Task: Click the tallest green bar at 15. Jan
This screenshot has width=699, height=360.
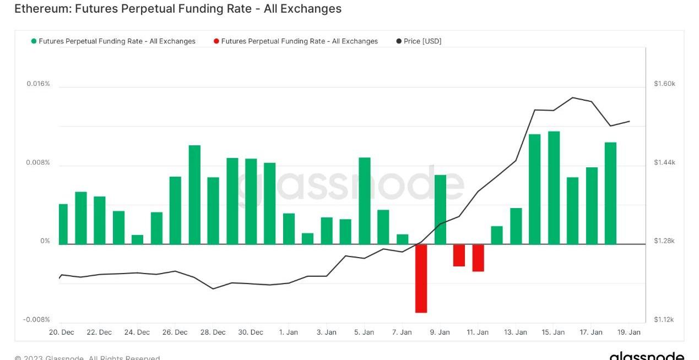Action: pos(554,188)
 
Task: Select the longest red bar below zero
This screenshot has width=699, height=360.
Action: pos(421,279)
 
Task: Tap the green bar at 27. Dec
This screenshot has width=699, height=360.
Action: pos(194,195)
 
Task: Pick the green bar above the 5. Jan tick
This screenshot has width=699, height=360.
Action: pos(365,201)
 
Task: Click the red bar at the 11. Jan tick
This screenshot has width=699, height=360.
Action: pos(478,258)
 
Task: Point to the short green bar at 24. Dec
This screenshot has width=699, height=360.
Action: pos(138,239)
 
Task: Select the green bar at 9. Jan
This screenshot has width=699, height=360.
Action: pos(440,210)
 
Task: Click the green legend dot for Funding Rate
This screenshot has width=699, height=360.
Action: pos(34,41)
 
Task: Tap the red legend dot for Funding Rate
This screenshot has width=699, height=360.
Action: pos(216,41)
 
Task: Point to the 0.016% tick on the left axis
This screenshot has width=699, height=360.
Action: pos(38,84)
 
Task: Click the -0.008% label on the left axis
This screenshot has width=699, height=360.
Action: pos(36,320)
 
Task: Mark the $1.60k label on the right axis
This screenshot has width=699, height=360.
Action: pos(664,84)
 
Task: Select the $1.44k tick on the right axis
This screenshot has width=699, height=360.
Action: pos(664,162)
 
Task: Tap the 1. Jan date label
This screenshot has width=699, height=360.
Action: pos(289,332)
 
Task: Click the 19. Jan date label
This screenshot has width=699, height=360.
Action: pos(629,332)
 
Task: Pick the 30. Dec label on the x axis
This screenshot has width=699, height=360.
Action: pos(251,332)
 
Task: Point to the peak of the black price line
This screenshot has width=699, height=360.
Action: pos(573,97)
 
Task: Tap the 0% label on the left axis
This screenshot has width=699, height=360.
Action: pos(45,241)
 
